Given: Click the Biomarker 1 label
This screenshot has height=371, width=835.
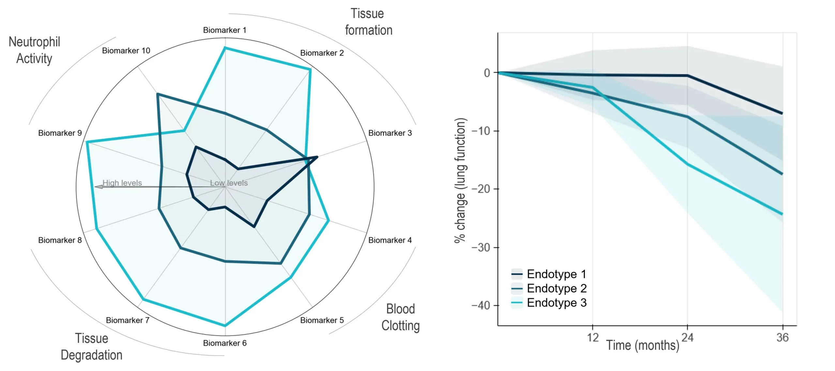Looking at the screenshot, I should coord(224,30).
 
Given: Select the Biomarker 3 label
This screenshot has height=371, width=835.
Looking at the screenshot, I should coord(390,133).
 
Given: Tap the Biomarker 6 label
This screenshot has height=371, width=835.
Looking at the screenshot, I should coord(224,343).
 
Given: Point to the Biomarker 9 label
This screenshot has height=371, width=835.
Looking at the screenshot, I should coord(60,133).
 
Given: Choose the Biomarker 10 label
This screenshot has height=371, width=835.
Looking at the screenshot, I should coord(126,51).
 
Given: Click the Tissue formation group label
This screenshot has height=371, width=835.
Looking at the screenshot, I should coord(369,22).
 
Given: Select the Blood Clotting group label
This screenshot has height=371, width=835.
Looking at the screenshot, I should coord(401,317).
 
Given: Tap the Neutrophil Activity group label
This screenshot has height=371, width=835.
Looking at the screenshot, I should coord(34,50).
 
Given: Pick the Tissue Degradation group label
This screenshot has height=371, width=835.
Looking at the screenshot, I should coord(92,347).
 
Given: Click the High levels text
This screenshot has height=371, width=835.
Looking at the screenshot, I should coord(122,183).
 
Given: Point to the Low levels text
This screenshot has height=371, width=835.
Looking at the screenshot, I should coord(229,183).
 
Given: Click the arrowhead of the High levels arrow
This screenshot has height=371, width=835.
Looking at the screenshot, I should coord(98,187).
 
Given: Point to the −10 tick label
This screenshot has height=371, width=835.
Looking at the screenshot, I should coord(481,131).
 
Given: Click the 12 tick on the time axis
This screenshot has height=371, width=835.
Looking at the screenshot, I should coord(593,337).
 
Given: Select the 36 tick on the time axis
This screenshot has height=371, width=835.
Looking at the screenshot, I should coord(782,337).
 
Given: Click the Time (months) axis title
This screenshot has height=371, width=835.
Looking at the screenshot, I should coord(643,345).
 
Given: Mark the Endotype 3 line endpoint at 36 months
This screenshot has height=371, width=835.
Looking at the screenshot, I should coord(782,214).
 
